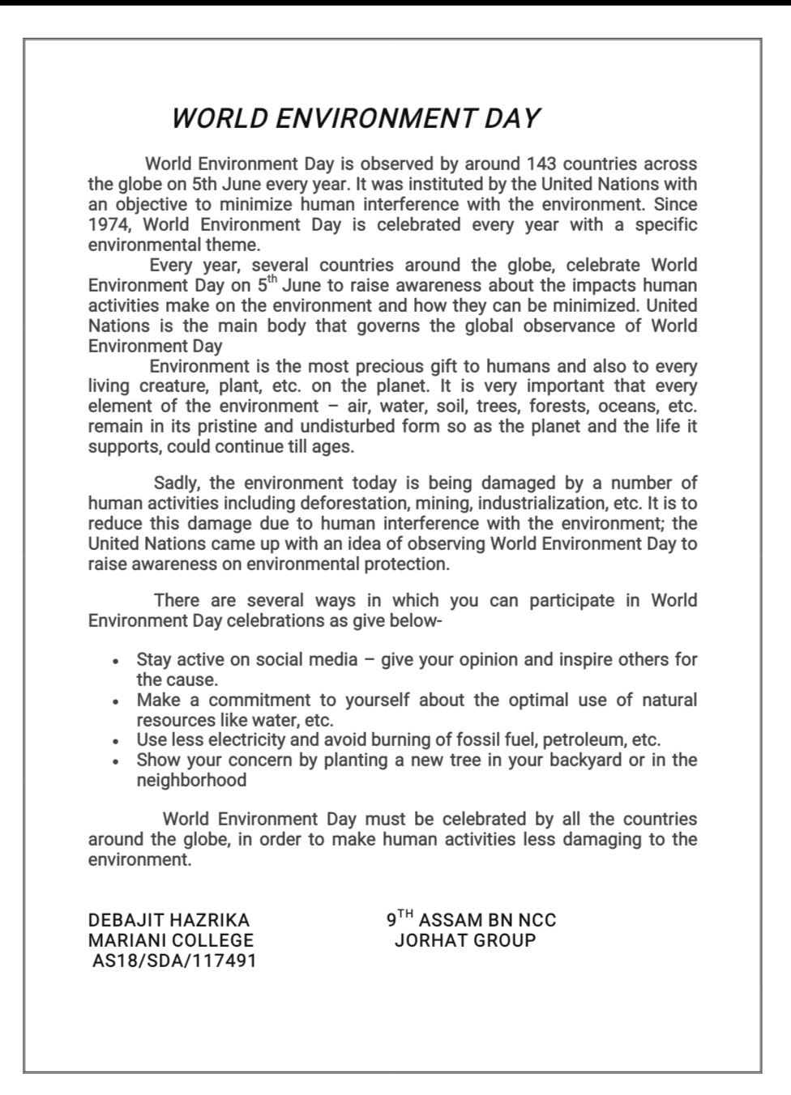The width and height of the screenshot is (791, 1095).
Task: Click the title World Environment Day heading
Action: click(x=355, y=118)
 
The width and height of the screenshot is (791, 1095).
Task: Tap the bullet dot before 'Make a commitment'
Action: click(x=118, y=701)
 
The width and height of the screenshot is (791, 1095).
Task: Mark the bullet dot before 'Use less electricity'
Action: click(x=118, y=741)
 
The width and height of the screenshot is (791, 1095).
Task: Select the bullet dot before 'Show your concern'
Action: click(x=118, y=761)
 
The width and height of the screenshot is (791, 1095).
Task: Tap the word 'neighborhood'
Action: click(x=191, y=780)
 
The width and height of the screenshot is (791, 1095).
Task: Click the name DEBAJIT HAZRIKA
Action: click(x=169, y=920)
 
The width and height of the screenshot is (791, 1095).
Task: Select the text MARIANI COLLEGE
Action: click(x=171, y=940)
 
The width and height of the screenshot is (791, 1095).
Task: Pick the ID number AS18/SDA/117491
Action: click(x=174, y=961)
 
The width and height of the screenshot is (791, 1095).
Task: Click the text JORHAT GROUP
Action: click(x=465, y=940)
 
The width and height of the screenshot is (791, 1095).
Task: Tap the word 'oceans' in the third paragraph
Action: click(x=624, y=406)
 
